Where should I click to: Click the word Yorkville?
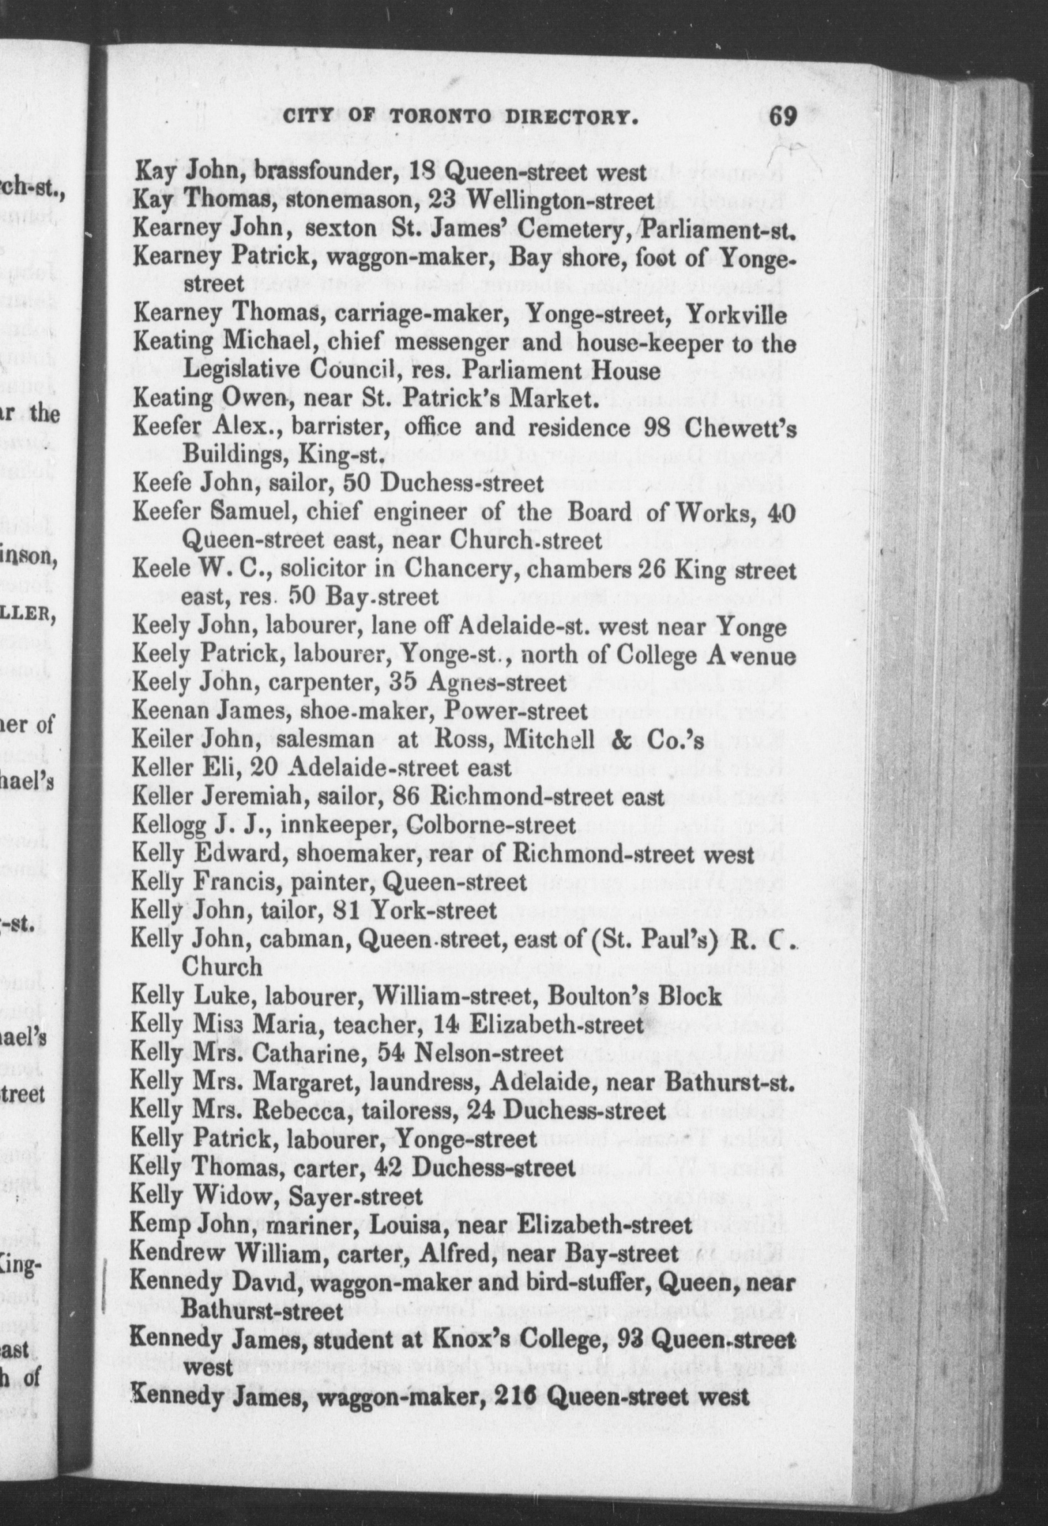[x=736, y=315]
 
